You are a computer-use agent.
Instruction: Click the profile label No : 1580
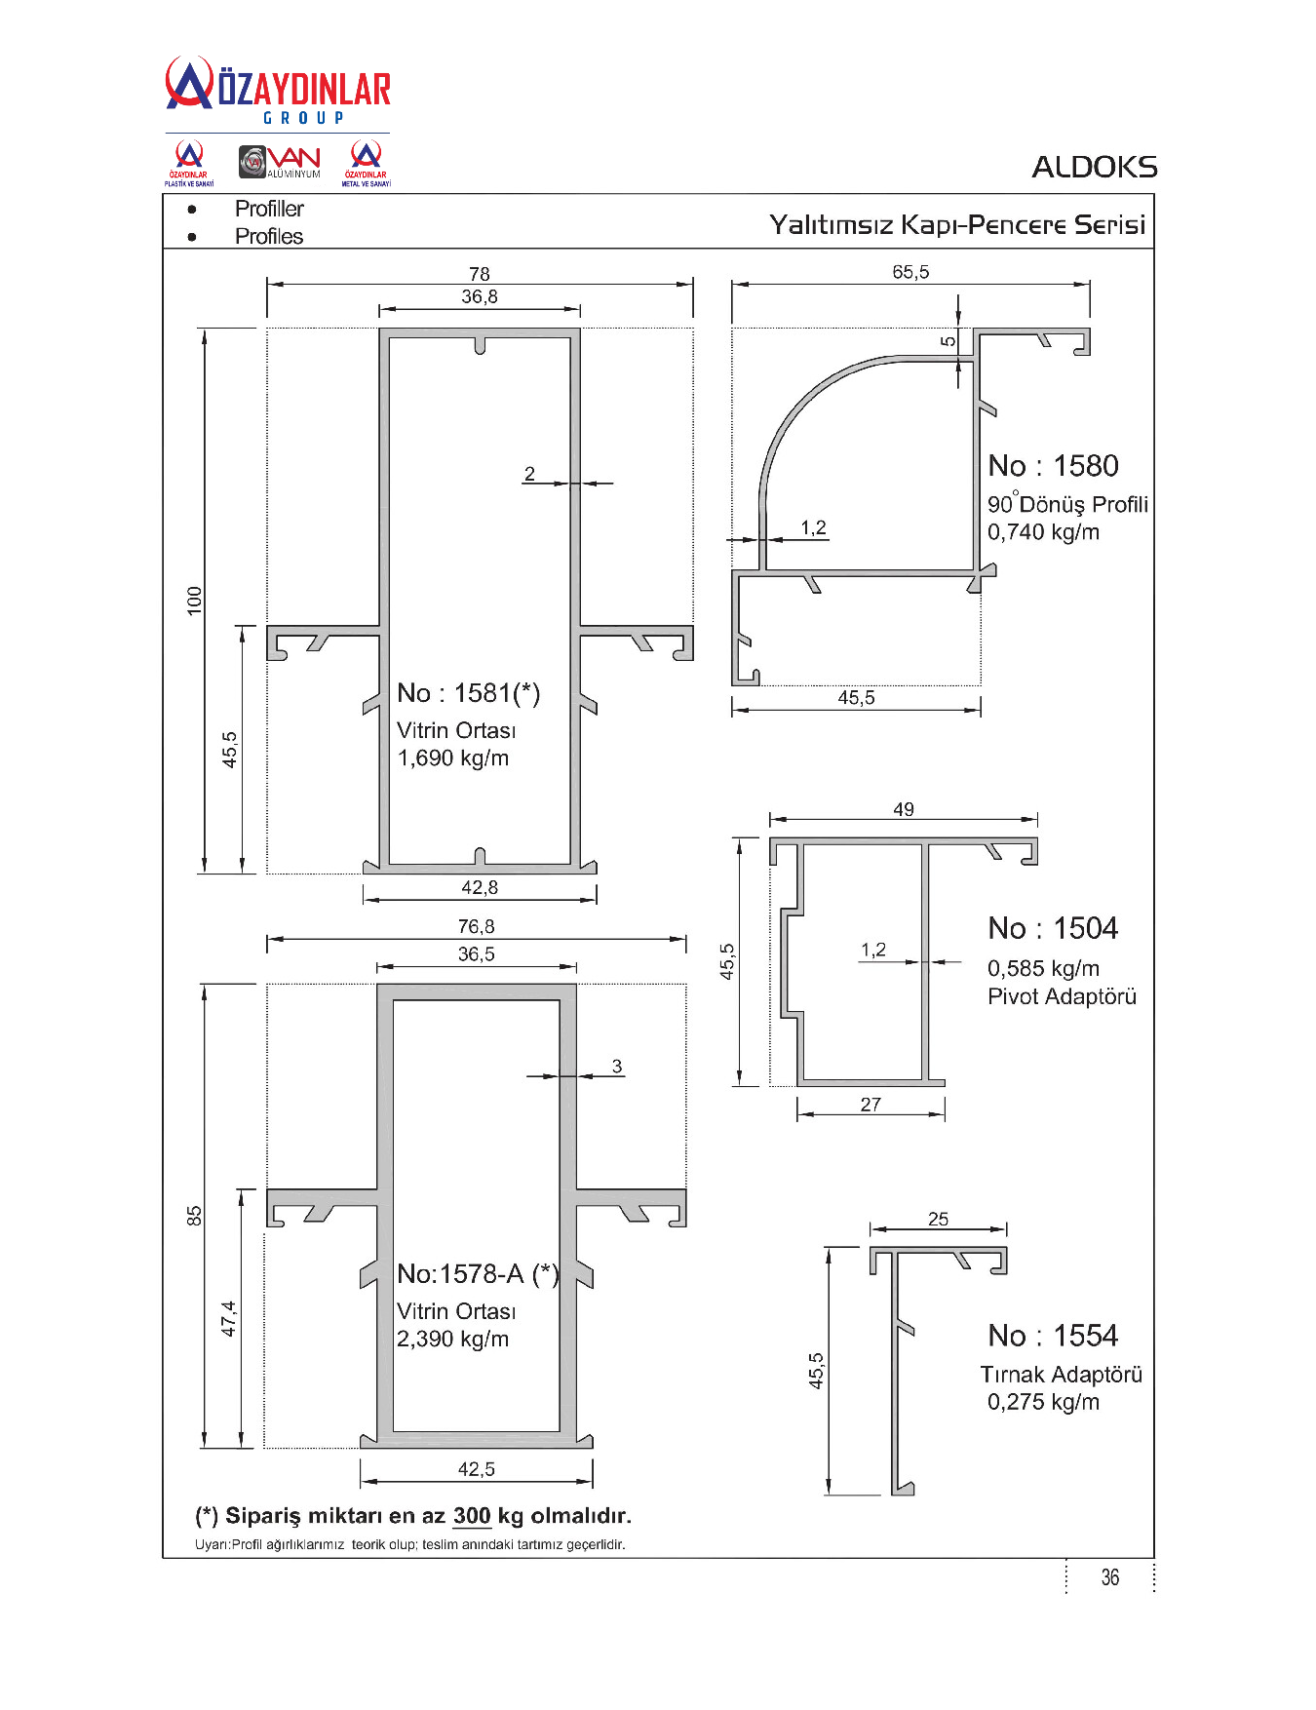(1053, 466)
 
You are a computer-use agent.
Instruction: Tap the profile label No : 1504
(1053, 928)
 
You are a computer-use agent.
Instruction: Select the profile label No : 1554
(1053, 1336)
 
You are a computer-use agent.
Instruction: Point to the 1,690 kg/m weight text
(452, 758)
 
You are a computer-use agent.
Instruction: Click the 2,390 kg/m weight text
(452, 1340)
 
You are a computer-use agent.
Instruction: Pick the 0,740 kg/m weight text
(1043, 532)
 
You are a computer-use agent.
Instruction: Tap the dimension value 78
(480, 274)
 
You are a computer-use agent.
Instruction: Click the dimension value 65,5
(910, 272)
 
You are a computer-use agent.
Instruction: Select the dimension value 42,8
(480, 887)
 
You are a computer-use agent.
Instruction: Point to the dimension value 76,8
(477, 926)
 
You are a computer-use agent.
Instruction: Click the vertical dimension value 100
(195, 601)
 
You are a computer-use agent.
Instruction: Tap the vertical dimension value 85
(195, 1216)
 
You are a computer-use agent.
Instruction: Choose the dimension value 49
(904, 809)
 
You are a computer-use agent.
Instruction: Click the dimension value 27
(871, 1105)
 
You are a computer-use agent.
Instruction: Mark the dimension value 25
(938, 1219)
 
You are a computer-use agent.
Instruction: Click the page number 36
(1110, 1577)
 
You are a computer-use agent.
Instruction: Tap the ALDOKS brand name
(1095, 167)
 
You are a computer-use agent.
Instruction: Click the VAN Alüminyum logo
(280, 162)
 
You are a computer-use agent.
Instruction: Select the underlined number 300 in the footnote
(472, 1516)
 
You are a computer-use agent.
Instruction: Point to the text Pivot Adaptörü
(1062, 996)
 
